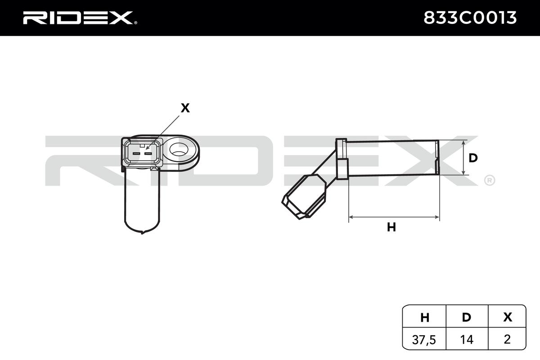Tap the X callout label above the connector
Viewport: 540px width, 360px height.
tap(184, 108)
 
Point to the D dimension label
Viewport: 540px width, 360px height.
tap(473, 158)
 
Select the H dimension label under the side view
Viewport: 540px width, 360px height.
tap(391, 228)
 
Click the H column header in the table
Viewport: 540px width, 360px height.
tap(424, 317)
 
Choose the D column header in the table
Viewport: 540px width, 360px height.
tap(467, 317)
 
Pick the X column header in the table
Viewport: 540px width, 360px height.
tap(508, 317)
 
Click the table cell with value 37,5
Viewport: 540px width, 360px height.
tap(424, 339)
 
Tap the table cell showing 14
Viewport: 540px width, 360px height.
tap(467, 339)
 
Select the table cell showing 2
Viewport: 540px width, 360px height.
tap(508, 339)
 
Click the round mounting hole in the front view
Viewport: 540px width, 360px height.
tap(180, 149)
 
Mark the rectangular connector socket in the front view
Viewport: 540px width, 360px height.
tap(141, 152)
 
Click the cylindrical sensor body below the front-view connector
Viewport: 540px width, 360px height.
tap(141, 200)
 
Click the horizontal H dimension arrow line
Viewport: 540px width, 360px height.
tap(394, 217)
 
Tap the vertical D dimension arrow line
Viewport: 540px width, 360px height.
tap(463, 157)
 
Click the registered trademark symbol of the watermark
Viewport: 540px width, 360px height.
tap(489, 180)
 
